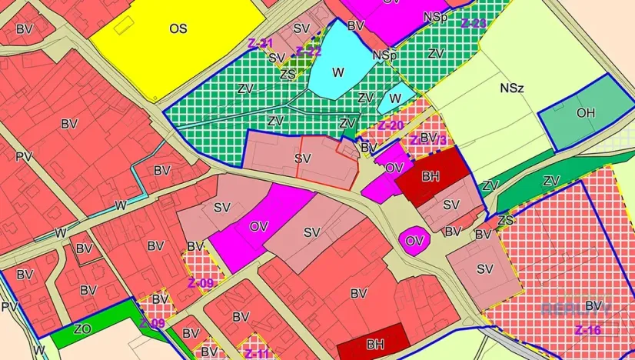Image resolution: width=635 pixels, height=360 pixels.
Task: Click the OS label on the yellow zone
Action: [178, 28]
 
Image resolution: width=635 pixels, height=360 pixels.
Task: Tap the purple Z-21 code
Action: [261, 43]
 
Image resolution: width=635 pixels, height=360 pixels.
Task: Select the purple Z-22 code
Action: [308, 52]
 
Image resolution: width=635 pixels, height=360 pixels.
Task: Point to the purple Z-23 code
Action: [474, 23]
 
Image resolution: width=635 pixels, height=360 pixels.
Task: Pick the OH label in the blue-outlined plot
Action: [586, 113]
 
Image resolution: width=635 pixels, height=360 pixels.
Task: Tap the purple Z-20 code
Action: [391, 125]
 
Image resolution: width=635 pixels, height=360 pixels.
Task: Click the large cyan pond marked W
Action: [338, 72]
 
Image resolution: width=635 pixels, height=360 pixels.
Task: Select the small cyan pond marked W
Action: [395, 98]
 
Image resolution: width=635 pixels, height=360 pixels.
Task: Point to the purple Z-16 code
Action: [587, 330]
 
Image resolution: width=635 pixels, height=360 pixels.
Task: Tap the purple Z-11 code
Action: [258, 353]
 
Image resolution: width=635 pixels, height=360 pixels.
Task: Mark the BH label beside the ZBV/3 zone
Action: [431, 177]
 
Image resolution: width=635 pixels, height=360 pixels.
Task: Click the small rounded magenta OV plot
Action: [414, 241]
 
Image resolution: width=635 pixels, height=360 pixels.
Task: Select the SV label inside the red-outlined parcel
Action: [303, 158]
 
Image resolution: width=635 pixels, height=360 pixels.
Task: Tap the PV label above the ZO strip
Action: [9, 307]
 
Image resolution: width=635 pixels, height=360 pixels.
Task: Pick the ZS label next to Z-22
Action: [288, 74]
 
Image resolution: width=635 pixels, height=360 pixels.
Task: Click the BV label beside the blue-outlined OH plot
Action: [593, 306]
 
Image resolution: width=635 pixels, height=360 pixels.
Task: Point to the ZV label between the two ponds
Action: [366, 98]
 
